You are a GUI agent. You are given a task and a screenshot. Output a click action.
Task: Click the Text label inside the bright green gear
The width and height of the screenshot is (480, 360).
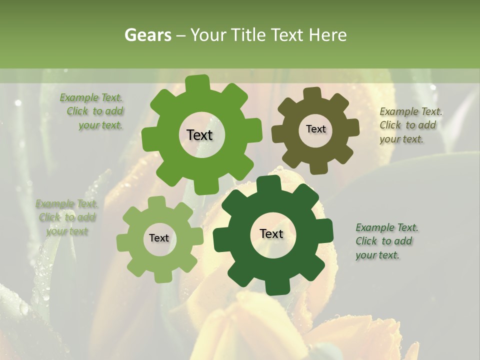pyautogui.click(x=199, y=135)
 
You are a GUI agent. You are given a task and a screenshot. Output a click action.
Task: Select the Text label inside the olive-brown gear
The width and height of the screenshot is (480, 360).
pyautogui.click(x=315, y=129)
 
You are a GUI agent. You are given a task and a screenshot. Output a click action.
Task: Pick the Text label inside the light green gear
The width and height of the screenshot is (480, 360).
pyautogui.click(x=159, y=238)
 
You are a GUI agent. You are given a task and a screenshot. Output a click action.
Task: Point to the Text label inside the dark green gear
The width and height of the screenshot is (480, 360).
pyautogui.click(x=271, y=233)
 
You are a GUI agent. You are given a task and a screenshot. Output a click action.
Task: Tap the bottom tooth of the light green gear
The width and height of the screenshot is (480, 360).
pyautogui.click(x=162, y=276)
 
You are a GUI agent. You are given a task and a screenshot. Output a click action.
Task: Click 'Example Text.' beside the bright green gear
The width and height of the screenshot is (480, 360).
pyautogui.click(x=91, y=97)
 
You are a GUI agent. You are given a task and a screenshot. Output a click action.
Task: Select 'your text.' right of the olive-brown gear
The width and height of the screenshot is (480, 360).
pyautogui.click(x=401, y=139)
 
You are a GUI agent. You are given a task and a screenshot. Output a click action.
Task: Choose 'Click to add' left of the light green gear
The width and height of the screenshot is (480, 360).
pyautogui.click(x=67, y=217)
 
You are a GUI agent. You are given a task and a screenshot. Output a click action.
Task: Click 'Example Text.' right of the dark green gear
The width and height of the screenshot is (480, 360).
pyautogui.click(x=387, y=228)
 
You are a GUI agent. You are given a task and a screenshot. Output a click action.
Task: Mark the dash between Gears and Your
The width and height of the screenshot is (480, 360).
pyautogui.click(x=181, y=35)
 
